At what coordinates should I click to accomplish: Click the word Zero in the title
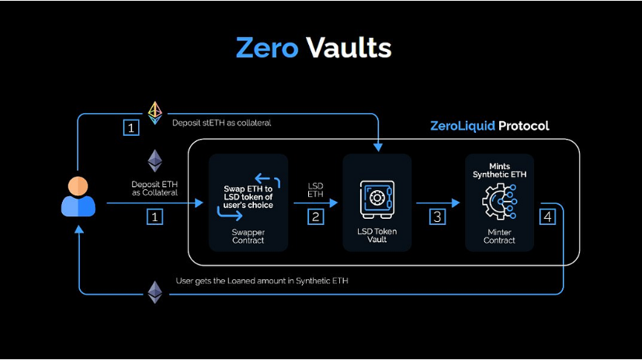coord(267,47)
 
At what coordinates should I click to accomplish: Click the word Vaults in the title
coord(349,47)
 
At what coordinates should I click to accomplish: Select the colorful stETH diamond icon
coord(155,112)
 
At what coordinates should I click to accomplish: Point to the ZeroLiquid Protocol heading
coord(489,126)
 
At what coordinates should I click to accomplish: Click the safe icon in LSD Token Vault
coord(377,198)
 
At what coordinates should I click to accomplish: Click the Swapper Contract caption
coord(248,236)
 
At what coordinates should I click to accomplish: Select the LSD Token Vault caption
coord(377,236)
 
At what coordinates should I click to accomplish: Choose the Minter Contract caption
coord(499,236)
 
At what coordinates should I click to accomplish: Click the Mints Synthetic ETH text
coord(499,170)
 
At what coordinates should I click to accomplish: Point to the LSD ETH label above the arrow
coord(316,189)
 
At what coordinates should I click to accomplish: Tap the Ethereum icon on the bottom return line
coord(155,292)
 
